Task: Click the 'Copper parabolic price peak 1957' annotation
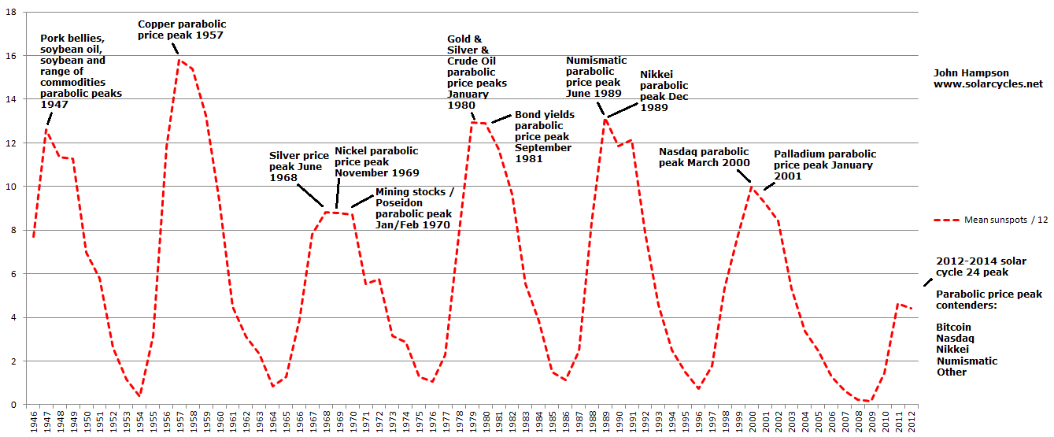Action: click(x=181, y=30)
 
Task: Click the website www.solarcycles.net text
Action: click(x=988, y=83)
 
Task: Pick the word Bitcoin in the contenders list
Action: click(x=953, y=327)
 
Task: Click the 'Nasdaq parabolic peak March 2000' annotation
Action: click(x=704, y=157)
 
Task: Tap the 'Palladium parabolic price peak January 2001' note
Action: click(x=824, y=165)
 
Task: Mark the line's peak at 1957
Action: click(x=179, y=60)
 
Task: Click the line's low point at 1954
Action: click(x=139, y=395)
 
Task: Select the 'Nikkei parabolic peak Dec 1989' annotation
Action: click(x=664, y=91)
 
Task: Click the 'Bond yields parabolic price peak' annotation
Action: click(x=544, y=136)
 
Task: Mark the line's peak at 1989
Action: click(x=605, y=117)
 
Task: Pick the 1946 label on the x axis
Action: click(x=33, y=421)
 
